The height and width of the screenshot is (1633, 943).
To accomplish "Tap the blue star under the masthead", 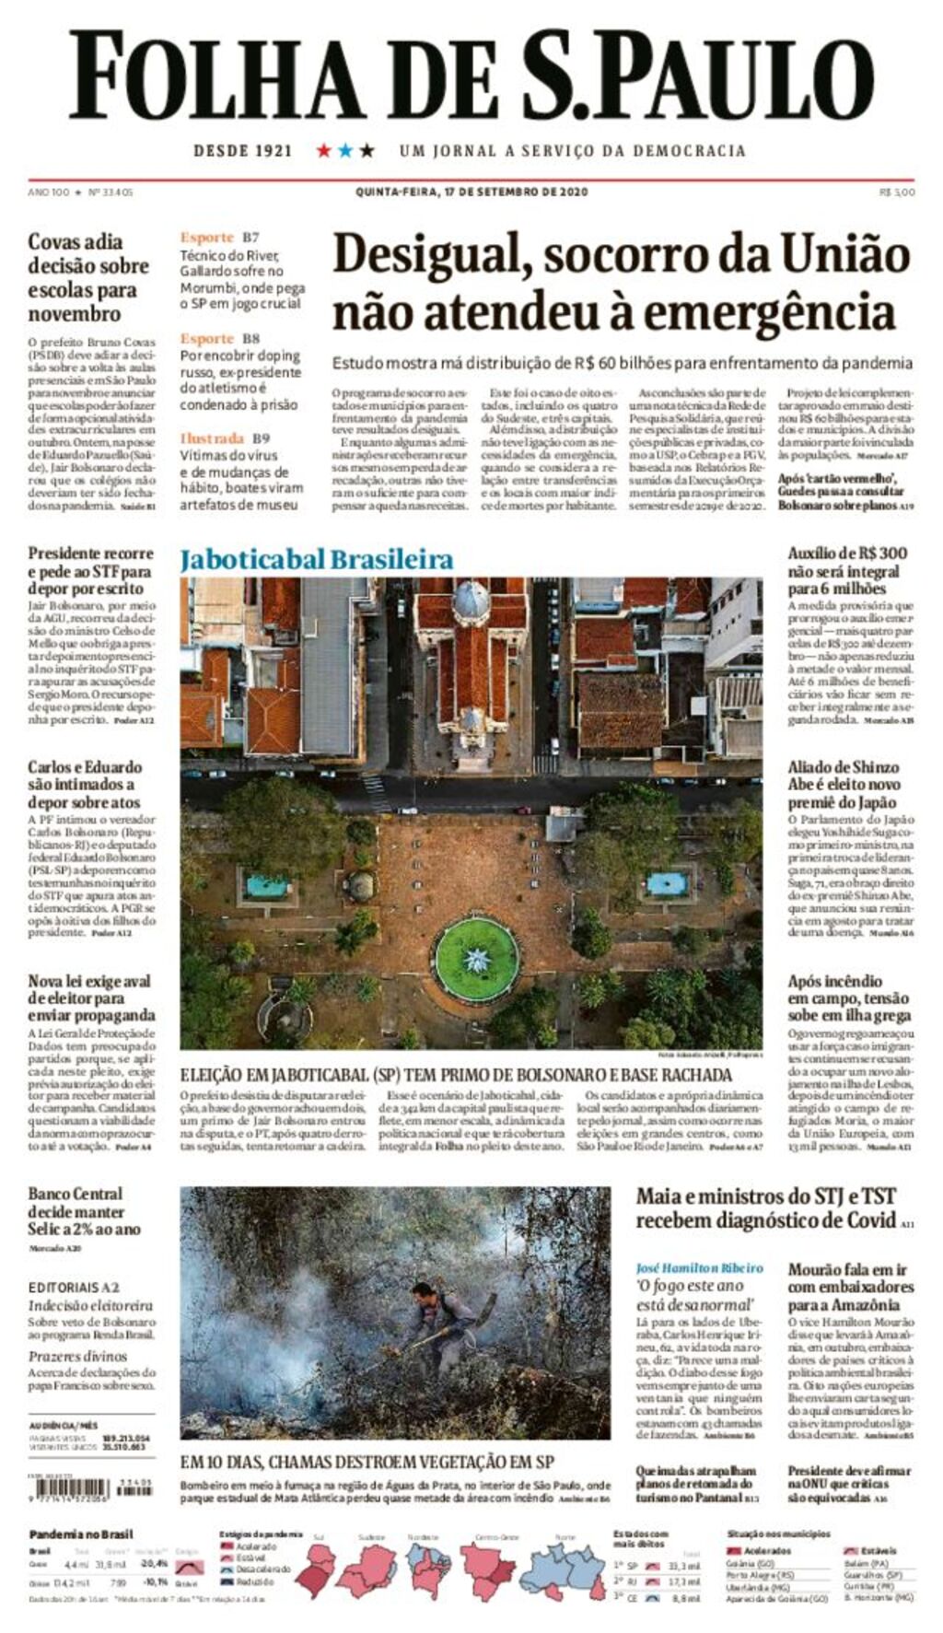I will tap(345, 150).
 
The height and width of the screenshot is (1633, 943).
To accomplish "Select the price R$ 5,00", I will tap(897, 192).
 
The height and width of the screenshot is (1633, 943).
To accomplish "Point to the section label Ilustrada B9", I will tap(225, 438).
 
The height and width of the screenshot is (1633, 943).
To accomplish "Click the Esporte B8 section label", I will tap(220, 339).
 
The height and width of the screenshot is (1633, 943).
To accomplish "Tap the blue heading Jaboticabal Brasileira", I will tap(317, 559).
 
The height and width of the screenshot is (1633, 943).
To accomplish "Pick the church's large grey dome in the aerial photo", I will tap(471, 601).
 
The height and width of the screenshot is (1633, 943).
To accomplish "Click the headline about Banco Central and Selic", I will tap(85, 1211).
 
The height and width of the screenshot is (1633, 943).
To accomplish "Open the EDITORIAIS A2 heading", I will tap(74, 1287).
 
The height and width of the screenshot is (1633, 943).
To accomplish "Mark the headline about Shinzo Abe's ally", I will tap(844, 784).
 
